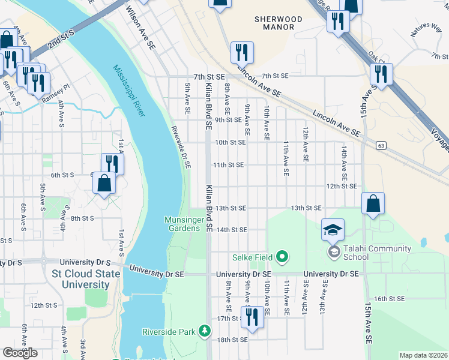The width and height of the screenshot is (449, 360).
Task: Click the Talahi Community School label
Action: pyautogui.click(x=378, y=253)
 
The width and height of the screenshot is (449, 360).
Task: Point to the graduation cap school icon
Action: pyautogui.click(x=333, y=229)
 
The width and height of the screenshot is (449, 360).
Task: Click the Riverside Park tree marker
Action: pyautogui.click(x=205, y=331)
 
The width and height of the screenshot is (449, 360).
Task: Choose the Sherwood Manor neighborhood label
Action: pyautogui.click(x=274, y=23)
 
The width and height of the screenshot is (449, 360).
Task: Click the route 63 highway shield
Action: pyautogui.click(x=381, y=145)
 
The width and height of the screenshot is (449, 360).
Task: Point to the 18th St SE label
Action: pyautogui.click(x=232, y=340)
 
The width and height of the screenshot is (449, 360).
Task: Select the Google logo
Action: pyautogui.click(x=20, y=353)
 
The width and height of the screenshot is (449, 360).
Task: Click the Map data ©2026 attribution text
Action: pyautogui.click(x=424, y=355)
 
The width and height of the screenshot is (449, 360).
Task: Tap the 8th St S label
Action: pyautogui.click(x=81, y=218)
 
